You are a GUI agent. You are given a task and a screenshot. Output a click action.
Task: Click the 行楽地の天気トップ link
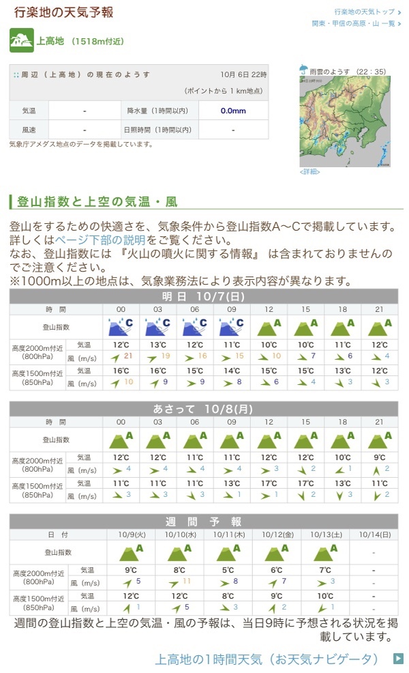[365, 12]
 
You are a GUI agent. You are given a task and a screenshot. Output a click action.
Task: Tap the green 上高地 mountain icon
[22, 41]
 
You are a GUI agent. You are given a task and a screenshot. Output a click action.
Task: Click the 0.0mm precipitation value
[232, 111]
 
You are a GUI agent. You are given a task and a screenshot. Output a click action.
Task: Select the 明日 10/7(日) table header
[203, 296]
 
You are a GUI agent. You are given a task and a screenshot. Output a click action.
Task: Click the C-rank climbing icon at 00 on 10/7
[121, 327]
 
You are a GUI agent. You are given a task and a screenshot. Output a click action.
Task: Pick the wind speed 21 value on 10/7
[127, 356]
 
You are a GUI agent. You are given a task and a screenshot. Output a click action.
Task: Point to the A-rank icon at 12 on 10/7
[269, 327]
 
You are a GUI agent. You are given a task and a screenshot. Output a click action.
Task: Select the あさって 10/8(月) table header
[203, 409]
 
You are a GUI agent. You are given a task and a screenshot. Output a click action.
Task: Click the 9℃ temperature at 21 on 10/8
[379, 457]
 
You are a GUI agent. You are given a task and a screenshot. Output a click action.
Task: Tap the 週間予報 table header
[203, 521]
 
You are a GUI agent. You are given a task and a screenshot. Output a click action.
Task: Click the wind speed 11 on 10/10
[186, 581]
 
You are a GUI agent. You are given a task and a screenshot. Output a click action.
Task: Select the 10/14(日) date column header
[374, 534]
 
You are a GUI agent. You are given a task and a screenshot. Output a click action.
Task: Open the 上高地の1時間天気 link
[267, 659]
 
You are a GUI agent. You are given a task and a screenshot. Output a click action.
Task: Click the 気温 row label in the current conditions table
[29, 111]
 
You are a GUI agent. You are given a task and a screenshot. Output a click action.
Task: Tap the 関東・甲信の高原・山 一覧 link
[354, 23]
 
